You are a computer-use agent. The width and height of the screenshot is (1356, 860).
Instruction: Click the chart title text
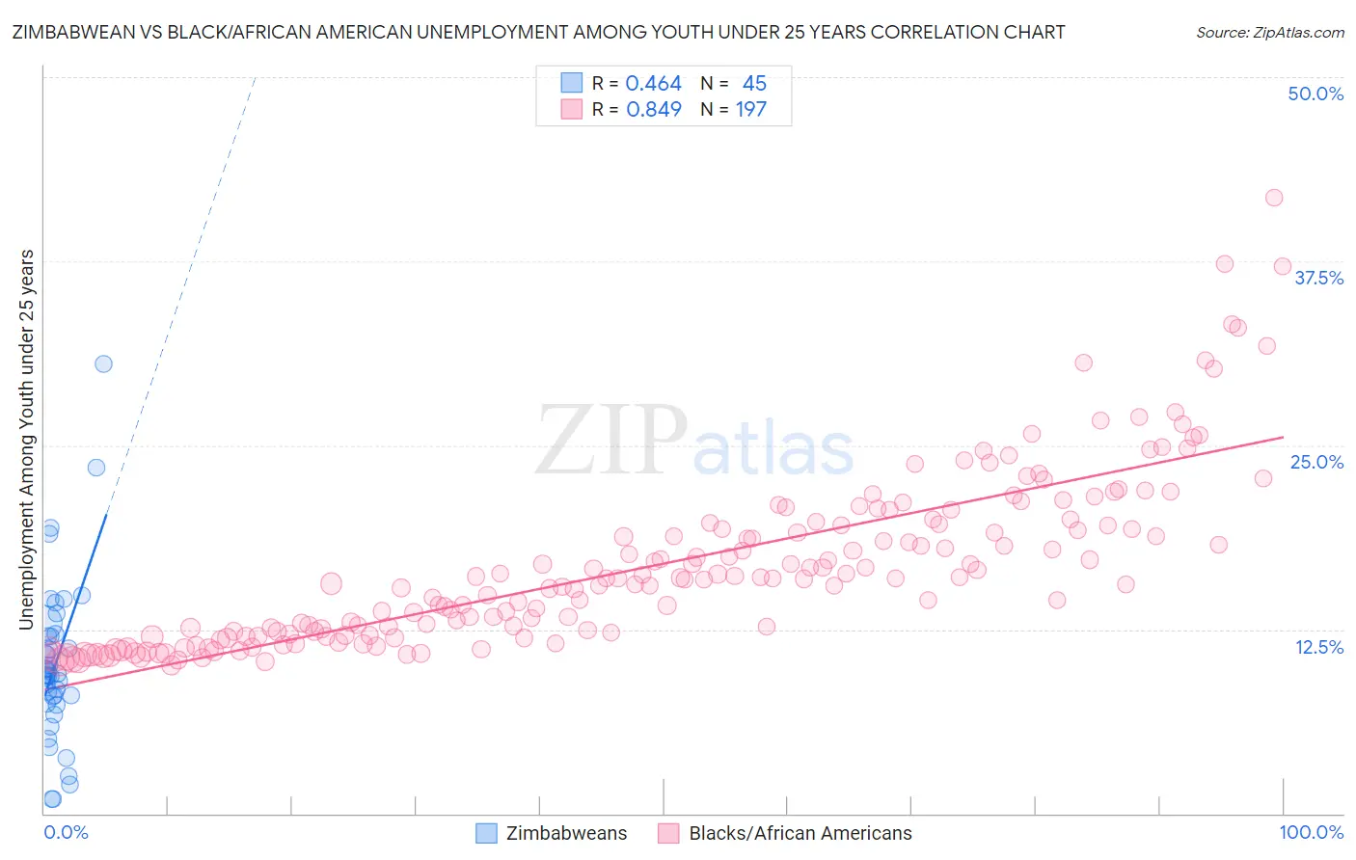[538, 32]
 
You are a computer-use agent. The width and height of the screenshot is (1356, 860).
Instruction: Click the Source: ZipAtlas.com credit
[1269, 32]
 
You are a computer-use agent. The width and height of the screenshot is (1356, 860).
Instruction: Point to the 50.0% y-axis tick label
[1315, 94]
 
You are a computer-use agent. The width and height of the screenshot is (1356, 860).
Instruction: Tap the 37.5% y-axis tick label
[1318, 278]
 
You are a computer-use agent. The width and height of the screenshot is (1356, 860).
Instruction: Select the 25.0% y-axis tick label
[1316, 462]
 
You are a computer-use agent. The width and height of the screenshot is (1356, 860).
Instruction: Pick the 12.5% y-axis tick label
[1318, 647]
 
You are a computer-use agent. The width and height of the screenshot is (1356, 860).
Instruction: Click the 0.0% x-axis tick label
[66, 832]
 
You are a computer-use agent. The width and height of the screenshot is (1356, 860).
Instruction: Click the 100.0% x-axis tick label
[1311, 832]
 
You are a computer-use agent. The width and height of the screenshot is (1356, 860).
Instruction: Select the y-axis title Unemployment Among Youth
[27, 440]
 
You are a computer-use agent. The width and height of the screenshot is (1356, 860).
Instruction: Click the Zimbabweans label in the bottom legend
[566, 833]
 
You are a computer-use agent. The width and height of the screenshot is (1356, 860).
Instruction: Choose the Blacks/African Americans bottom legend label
[800, 833]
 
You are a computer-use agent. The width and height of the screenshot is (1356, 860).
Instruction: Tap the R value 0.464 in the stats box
[653, 84]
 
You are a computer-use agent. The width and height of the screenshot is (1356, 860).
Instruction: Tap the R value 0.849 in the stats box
[653, 109]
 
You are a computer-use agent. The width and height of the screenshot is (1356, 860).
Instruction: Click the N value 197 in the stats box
[750, 109]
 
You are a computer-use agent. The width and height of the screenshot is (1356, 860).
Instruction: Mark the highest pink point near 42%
[1273, 198]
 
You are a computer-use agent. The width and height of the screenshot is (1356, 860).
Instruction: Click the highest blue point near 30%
[103, 363]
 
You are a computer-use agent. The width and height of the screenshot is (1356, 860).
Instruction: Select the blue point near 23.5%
[96, 468]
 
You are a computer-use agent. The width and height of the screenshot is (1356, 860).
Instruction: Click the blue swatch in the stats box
[572, 84]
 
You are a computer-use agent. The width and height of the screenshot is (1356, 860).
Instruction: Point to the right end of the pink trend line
[1283, 437]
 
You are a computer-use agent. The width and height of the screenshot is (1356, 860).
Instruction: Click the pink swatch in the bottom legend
[668, 833]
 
